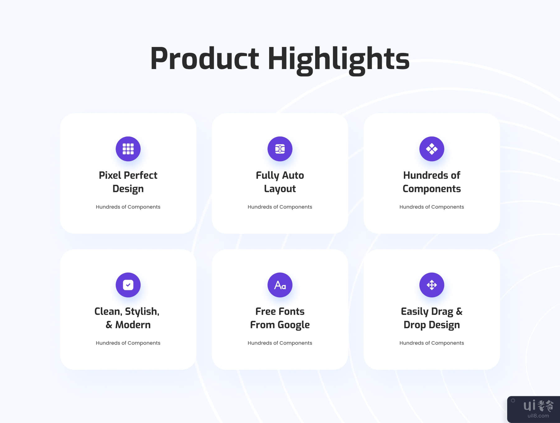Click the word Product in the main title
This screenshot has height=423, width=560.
click(204, 58)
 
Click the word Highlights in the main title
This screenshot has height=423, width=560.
click(339, 60)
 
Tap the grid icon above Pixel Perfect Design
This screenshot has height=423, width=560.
click(128, 149)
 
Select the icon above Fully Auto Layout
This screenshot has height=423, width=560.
click(280, 149)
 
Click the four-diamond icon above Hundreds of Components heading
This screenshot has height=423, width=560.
click(432, 149)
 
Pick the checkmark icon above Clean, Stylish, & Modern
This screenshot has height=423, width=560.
click(128, 285)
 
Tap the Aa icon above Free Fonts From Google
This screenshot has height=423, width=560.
click(280, 285)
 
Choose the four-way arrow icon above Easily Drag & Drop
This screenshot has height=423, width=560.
click(432, 285)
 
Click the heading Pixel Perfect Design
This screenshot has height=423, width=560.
click(128, 182)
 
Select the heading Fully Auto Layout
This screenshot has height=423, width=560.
click(280, 182)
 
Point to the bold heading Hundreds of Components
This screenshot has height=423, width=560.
click(432, 182)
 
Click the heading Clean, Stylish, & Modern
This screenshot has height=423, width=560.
click(127, 318)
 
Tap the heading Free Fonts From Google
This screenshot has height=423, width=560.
click(280, 318)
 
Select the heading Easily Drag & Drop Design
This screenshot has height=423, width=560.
click(432, 318)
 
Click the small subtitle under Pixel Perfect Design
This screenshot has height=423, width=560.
click(128, 207)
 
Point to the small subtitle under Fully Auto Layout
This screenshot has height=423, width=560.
click(280, 207)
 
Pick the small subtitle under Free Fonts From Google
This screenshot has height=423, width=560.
click(280, 343)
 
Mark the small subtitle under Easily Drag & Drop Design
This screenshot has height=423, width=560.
click(432, 343)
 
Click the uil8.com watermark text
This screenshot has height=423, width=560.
click(538, 416)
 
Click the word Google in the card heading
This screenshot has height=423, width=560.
click(293, 325)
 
